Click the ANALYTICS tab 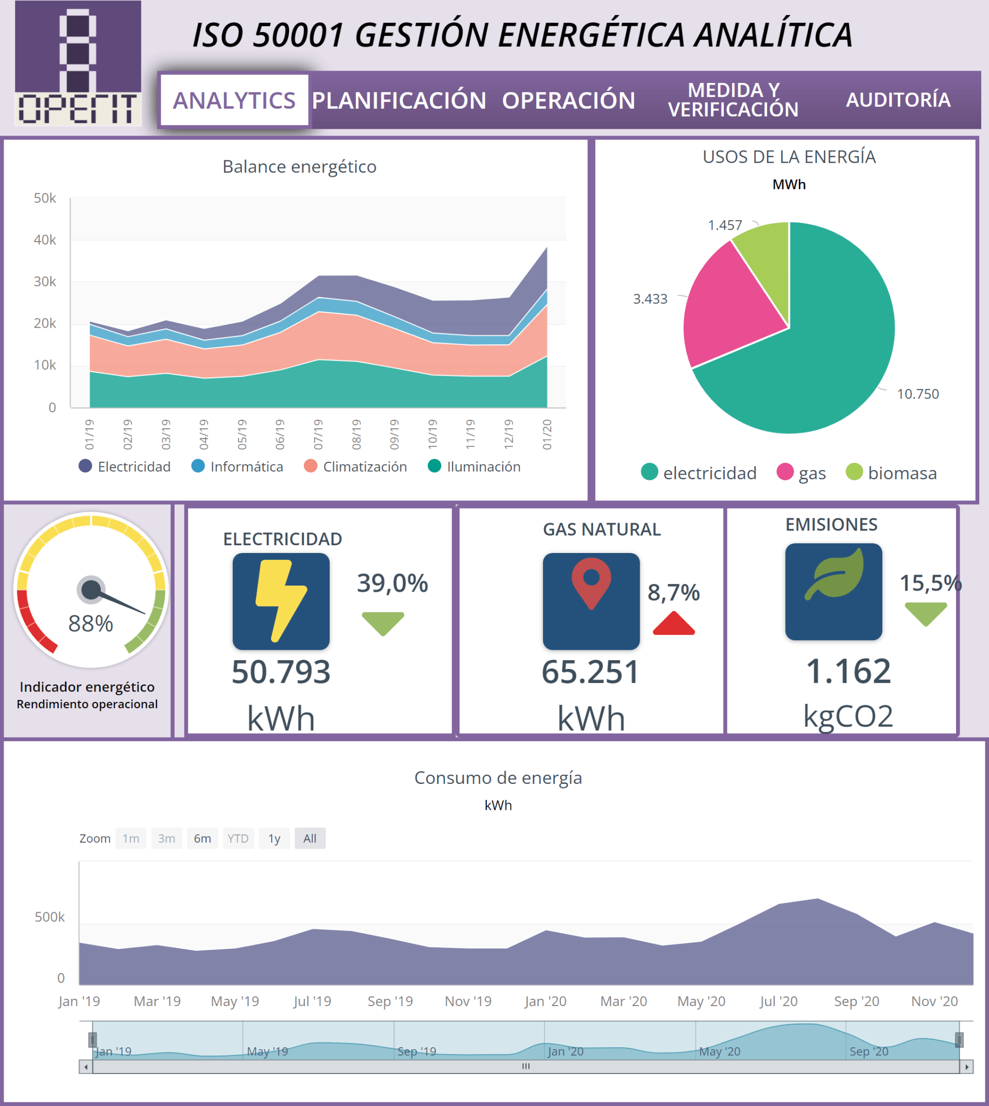[x=234, y=100]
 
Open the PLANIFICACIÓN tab [x=399, y=100]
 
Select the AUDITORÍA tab [x=898, y=100]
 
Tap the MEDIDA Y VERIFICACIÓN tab [x=733, y=100]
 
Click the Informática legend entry [x=237, y=466]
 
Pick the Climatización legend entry [x=355, y=466]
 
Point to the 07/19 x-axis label [x=318, y=434]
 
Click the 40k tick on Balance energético [x=45, y=240]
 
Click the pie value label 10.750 [x=918, y=394]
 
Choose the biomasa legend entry [x=891, y=473]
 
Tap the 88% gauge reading [x=91, y=624]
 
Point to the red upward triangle [x=674, y=624]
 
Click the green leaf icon [x=834, y=575]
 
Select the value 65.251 [x=590, y=672]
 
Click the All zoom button [x=310, y=839]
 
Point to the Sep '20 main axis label [x=857, y=1001]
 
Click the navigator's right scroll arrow [x=967, y=1067]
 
